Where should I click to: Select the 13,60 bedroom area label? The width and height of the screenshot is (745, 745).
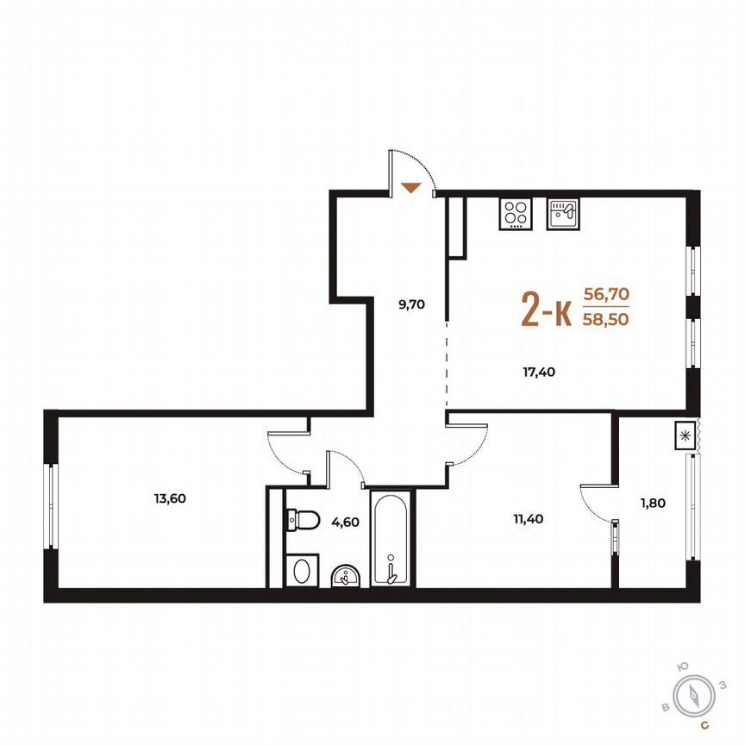pos(169,498)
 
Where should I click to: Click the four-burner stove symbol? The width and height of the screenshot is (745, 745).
pos(516,214)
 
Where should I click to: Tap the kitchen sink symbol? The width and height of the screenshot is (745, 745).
pos(564,214)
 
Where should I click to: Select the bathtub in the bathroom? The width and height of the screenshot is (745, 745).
pos(391,538)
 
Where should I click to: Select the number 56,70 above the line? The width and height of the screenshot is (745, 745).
pos(607,294)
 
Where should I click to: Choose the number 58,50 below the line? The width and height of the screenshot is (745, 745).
pos(607,318)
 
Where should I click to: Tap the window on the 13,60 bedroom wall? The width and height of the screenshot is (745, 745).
pos(51,505)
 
